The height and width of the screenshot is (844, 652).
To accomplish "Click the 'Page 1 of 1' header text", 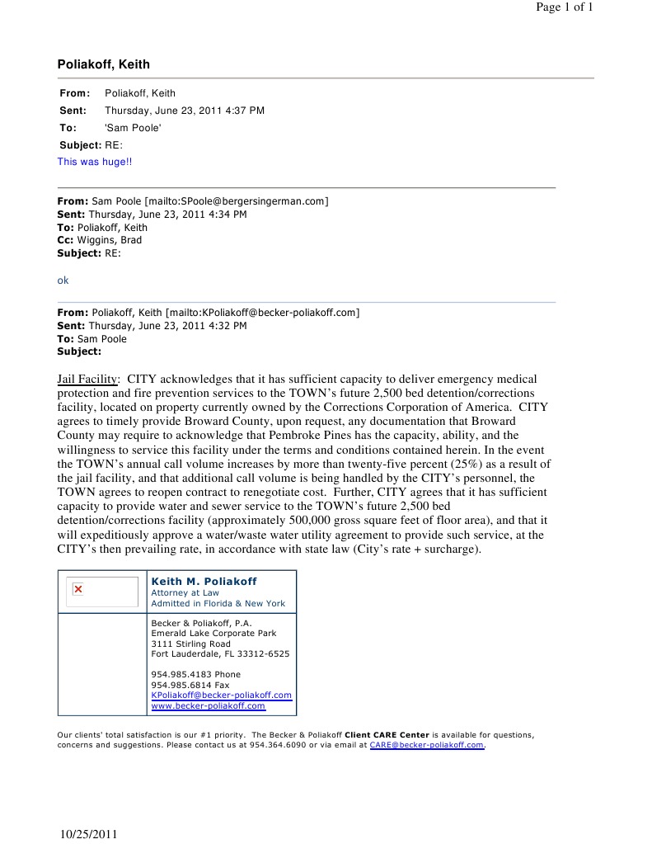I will pos(565,7).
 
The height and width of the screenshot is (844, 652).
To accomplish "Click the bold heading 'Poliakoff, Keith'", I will pos(103,64).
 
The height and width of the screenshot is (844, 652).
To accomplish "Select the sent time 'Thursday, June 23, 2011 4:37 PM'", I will pos(184,111).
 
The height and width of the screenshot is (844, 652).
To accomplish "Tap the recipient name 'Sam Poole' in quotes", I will pos(133,128).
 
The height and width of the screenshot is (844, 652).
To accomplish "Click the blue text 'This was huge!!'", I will pos(94,162).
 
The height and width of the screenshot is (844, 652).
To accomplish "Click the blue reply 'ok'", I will pos(63,281).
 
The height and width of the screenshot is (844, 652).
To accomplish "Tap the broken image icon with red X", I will pos(78,589).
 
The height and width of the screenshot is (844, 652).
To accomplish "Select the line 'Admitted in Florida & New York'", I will pos(218,603).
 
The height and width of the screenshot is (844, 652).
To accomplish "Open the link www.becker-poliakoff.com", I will pos(208,705).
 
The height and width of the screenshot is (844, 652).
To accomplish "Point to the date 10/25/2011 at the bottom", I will pos(90,834).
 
